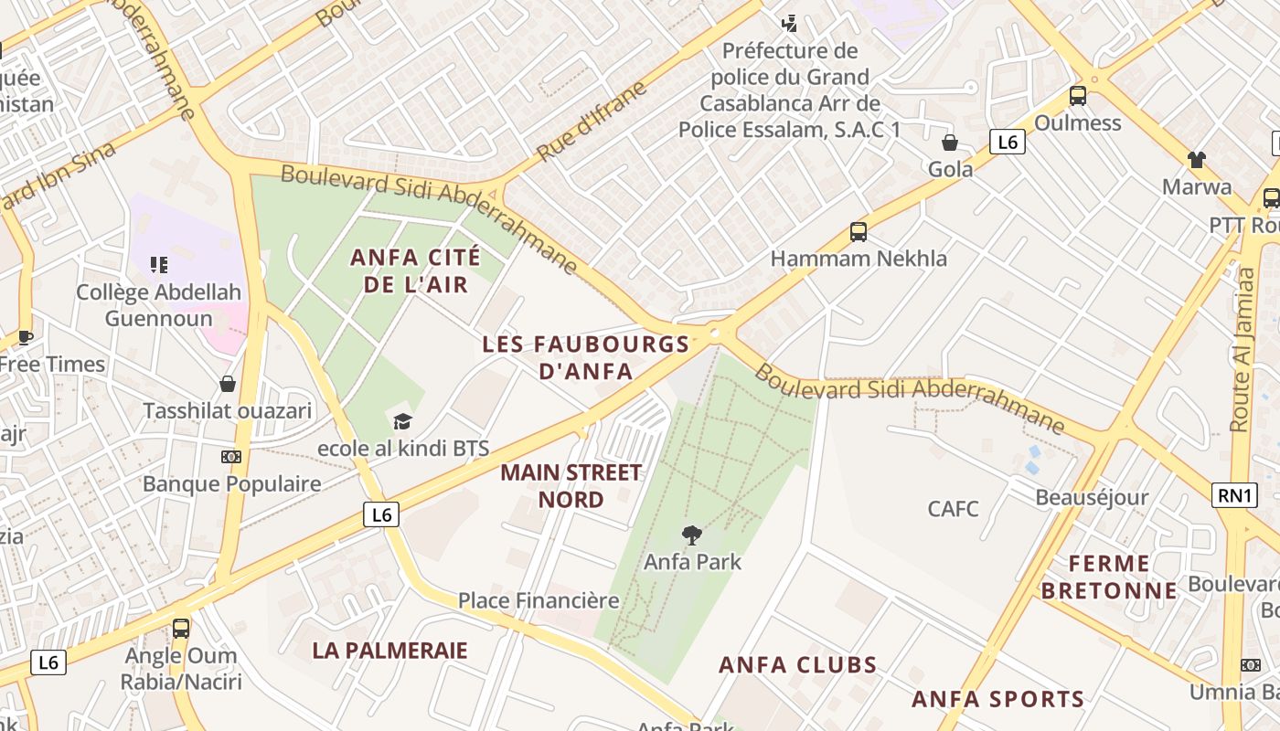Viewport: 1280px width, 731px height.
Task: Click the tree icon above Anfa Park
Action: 692,535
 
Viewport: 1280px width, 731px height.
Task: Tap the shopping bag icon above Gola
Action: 950,143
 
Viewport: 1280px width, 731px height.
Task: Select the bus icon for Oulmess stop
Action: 1078,95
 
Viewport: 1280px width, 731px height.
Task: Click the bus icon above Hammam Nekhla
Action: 858,232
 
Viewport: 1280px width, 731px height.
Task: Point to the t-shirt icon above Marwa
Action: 1196,160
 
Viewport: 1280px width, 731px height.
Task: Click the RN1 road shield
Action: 1234,495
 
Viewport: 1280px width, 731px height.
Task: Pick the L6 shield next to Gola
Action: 1007,142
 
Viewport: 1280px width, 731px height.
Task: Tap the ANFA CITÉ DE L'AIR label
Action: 415,271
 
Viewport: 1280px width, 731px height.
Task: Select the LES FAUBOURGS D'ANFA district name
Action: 585,357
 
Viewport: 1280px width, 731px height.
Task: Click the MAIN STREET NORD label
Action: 571,486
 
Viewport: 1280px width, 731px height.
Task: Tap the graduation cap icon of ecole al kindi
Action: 402,422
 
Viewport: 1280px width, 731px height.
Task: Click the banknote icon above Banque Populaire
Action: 231,457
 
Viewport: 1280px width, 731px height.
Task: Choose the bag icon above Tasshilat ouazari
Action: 227,384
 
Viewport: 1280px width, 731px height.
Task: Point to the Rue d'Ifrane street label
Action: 592,122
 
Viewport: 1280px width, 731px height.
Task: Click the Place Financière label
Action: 539,601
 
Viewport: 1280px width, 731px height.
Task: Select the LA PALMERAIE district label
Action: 389,651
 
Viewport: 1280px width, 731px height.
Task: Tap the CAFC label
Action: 953,509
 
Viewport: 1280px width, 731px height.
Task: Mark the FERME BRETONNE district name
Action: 1108,577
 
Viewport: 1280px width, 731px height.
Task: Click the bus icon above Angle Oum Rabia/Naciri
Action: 181,629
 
